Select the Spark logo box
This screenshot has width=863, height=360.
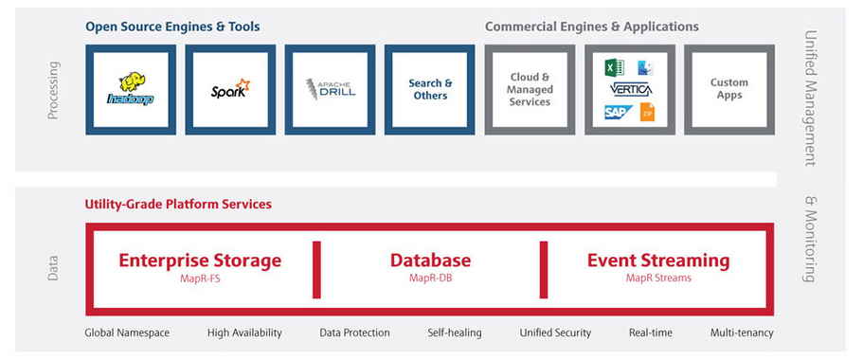(x=230, y=89)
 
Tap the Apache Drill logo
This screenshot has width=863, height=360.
(x=330, y=89)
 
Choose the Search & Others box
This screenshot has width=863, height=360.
(x=430, y=89)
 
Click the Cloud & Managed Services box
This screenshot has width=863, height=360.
(x=530, y=89)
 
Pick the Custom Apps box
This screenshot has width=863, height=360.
(x=728, y=89)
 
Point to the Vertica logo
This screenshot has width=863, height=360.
(x=630, y=89)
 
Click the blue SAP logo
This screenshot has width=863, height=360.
(x=619, y=112)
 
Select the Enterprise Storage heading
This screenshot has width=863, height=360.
(x=200, y=261)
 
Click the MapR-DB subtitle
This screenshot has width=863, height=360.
(x=430, y=279)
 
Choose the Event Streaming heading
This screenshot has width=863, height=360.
(x=658, y=261)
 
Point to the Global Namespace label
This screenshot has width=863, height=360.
(x=127, y=333)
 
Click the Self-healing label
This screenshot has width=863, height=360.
(x=455, y=333)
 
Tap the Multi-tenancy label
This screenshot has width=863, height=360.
(x=742, y=333)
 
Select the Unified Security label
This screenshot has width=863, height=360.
(x=555, y=333)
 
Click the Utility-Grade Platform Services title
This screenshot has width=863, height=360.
(x=178, y=204)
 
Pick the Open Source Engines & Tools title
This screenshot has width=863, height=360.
(x=172, y=27)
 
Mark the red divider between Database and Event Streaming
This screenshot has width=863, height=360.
(x=545, y=269)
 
